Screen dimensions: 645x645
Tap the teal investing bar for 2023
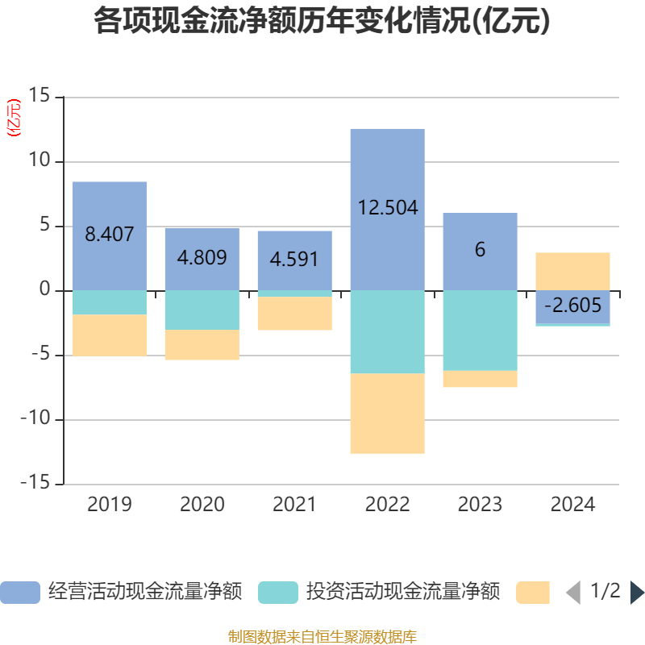pyautogui.click(x=480, y=331)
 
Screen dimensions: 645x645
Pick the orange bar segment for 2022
pyautogui.click(x=387, y=413)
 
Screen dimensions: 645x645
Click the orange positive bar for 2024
pyautogui.click(x=572, y=271)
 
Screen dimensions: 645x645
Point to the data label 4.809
pyautogui.click(x=202, y=258)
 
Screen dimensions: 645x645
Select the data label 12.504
pyautogui.click(x=388, y=208)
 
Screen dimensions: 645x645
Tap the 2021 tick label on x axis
pyautogui.click(x=294, y=505)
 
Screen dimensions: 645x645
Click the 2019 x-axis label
pyautogui.click(x=110, y=505)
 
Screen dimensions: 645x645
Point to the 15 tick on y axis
pyautogui.click(x=39, y=97)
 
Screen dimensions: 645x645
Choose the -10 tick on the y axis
pyautogui.click(x=34, y=420)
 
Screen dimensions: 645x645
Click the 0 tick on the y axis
pyautogui.click(x=44, y=290)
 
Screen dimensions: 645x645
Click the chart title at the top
pyautogui.click(x=322, y=22)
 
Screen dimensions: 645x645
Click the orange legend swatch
pyautogui.click(x=532, y=592)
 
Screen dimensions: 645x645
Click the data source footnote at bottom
pyautogui.click(x=322, y=636)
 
